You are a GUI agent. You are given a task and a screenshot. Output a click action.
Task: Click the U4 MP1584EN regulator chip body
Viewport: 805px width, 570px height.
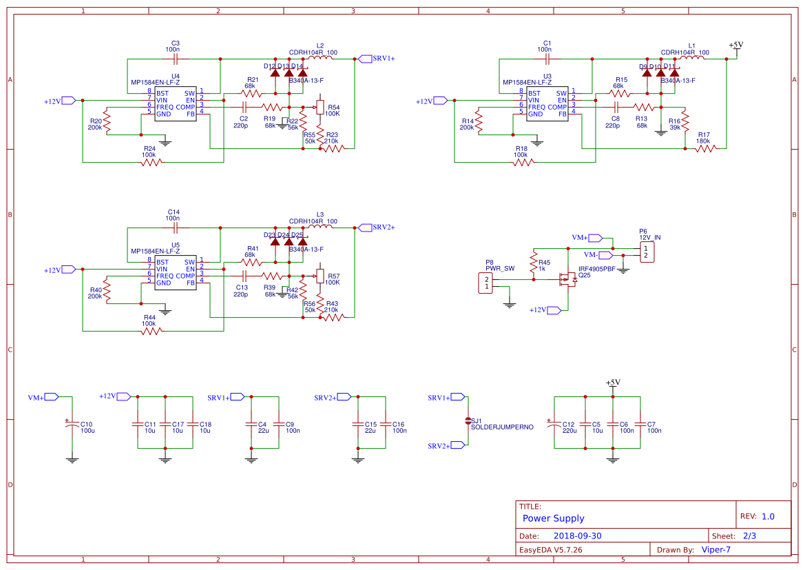[x=176, y=103]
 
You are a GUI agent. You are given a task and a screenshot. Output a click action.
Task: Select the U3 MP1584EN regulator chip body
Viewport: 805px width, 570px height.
[x=547, y=103]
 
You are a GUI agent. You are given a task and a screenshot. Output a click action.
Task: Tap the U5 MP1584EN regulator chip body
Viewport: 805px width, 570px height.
[x=175, y=273]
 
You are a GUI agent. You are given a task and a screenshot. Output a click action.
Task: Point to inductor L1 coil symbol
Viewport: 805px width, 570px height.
[x=692, y=59]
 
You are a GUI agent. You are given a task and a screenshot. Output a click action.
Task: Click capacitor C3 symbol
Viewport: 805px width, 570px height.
[x=175, y=59]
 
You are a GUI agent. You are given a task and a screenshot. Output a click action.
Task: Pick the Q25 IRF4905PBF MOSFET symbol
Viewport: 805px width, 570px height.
[x=569, y=279]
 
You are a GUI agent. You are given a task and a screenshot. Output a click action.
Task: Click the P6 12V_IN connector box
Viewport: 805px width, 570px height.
[x=646, y=252]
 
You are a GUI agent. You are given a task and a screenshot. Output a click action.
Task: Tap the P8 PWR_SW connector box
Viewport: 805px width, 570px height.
[x=486, y=283]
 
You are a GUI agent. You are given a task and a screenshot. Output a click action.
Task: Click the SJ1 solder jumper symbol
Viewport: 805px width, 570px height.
[x=468, y=420]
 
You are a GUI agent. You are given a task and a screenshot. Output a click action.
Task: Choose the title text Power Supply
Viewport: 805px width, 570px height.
[x=553, y=518]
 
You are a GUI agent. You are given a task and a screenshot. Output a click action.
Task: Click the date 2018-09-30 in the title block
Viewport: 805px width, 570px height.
[x=577, y=536]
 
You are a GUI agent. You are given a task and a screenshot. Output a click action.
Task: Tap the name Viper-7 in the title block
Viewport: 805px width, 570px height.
[x=715, y=549]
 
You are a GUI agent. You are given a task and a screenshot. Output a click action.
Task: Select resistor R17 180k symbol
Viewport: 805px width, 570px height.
[x=705, y=147]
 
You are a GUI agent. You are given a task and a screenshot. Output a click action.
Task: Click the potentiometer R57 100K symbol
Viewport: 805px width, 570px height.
[x=319, y=276]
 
